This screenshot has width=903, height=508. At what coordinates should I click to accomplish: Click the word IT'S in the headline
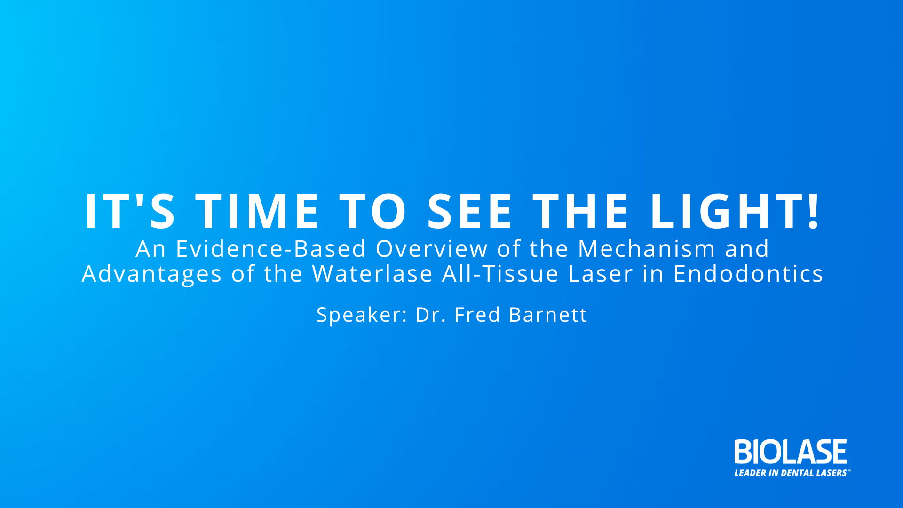click(x=130, y=211)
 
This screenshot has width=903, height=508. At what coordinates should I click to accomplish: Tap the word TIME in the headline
click(x=257, y=211)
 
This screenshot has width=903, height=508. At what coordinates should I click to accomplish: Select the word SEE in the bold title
click(x=469, y=211)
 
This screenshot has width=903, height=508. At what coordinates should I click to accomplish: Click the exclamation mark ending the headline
click(x=813, y=211)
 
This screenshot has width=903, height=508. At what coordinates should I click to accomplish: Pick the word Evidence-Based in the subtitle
click(x=271, y=249)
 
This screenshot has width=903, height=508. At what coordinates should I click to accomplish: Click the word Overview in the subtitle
click(x=432, y=249)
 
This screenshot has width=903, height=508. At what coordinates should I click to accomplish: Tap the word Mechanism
click(x=647, y=249)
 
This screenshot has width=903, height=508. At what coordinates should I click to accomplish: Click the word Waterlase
click(x=372, y=274)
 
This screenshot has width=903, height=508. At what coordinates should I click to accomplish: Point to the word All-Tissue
click(x=500, y=274)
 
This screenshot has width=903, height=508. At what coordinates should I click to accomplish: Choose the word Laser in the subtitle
click(x=601, y=274)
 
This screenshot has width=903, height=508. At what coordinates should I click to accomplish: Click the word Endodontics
click(x=748, y=274)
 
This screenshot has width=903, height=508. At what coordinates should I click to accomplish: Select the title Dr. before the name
click(x=430, y=315)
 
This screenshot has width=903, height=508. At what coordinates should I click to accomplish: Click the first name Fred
click(x=477, y=315)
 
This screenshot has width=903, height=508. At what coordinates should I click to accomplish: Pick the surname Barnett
click(x=548, y=315)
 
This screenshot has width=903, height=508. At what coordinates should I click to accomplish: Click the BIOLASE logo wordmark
click(x=791, y=452)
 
